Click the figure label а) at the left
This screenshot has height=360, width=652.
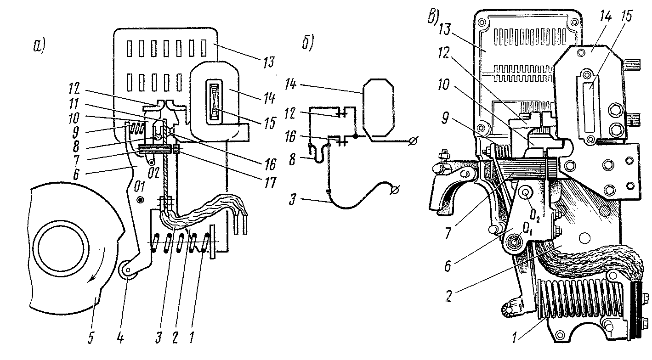point(40,46)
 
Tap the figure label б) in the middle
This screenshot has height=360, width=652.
point(307,43)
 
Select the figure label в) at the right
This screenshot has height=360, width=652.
point(433,17)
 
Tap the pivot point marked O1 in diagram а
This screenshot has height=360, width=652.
point(141,200)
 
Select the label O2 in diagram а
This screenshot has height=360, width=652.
point(153,174)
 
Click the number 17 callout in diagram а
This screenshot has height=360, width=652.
point(270,183)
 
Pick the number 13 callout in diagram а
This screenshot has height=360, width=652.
point(268,62)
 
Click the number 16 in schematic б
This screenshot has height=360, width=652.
point(290,137)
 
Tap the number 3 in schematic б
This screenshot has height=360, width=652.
point(293,200)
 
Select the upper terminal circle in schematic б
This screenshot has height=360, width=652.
point(414,141)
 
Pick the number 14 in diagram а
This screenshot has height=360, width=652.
point(269,98)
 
